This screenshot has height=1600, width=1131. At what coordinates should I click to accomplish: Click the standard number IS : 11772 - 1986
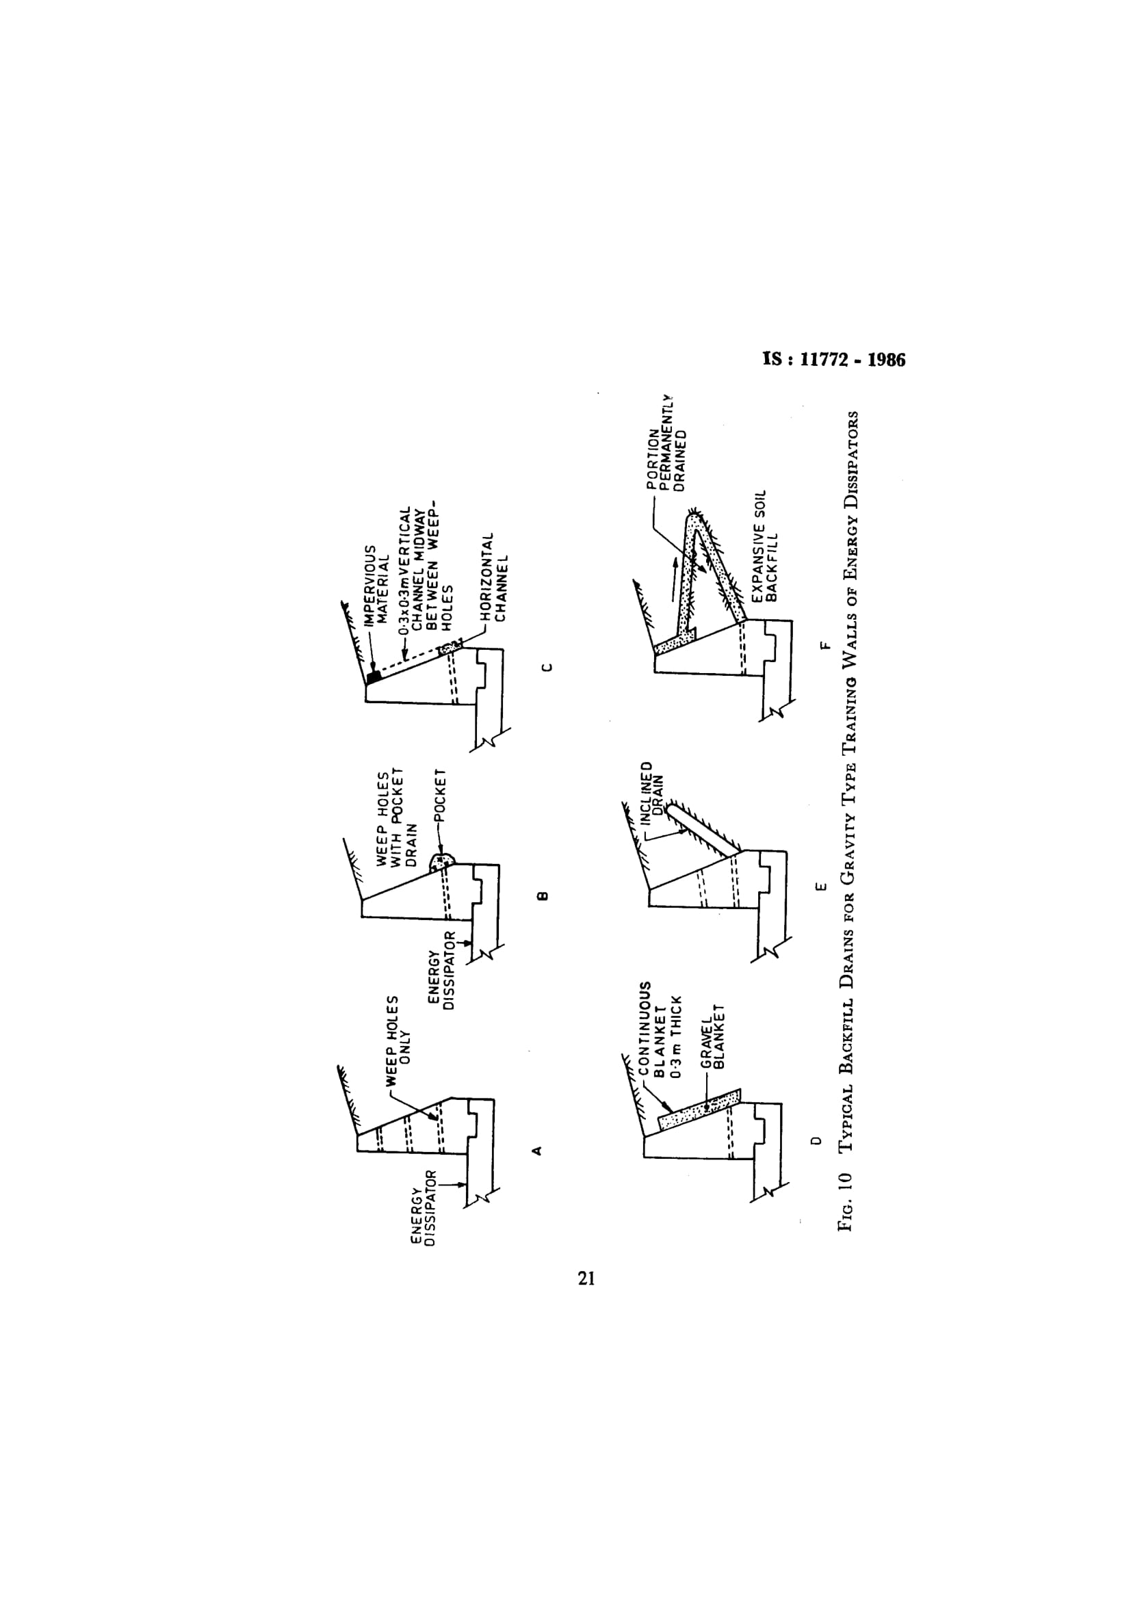point(834,360)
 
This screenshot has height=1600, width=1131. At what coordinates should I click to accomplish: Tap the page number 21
point(586,1278)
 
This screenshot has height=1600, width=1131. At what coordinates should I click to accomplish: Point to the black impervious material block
point(374,674)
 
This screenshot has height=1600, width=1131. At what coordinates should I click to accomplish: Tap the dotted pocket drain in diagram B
point(442,861)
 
